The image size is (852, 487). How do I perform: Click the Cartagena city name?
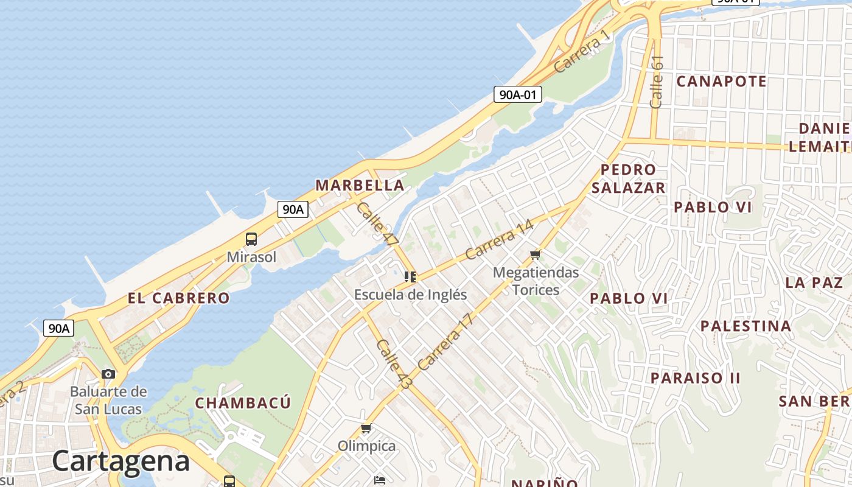click(120, 460)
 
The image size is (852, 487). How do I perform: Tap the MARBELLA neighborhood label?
click(360, 185)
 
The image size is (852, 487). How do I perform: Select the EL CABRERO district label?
click(178, 298)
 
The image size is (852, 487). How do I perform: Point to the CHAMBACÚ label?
click(243, 403)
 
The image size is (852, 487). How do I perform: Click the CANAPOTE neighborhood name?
click(721, 81)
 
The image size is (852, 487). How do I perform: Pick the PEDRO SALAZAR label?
click(628, 178)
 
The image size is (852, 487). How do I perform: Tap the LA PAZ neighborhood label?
click(813, 282)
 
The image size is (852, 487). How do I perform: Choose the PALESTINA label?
click(745, 326)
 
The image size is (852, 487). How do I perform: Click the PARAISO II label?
click(695, 378)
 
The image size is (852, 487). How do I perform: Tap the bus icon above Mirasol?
click(251, 239)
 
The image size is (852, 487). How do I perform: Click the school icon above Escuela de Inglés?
click(410, 277)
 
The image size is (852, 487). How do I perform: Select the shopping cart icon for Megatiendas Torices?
click(536, 254)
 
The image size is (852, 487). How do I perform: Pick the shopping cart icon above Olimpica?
click(366, 429)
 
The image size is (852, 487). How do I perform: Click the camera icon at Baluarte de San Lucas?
click(108, 374)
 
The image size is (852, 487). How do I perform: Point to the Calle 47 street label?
click(377, 224)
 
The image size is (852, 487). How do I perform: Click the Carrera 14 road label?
click(499, 240)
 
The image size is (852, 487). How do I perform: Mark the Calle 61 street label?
click(656, 82)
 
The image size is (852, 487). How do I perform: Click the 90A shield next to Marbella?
click(293, 209)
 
